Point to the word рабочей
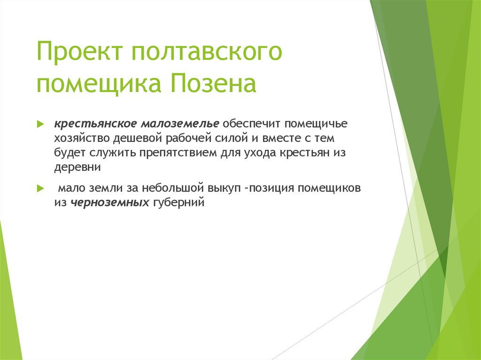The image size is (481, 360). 190,138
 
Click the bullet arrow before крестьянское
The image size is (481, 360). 40,124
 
